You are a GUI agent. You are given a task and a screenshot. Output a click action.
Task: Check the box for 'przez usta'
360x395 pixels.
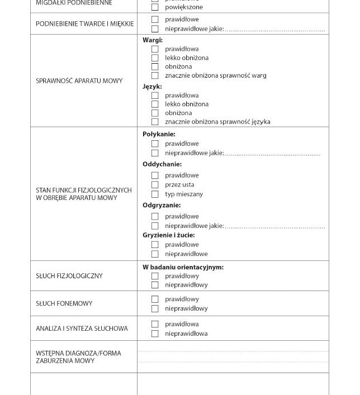pyautogui.click(x=155, y=185)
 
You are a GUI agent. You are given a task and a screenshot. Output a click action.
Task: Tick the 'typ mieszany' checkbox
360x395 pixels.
pyautogui.click(x=155, y=194)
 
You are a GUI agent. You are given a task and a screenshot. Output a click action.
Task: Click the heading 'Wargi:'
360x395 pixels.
pyautogui.click(x=153, y=40)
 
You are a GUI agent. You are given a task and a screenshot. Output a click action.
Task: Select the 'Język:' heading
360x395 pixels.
pyautogui.click(x=152, y=87)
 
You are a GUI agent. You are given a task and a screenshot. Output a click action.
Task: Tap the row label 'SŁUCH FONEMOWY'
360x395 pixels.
pyautogui.click(x=64, y=304)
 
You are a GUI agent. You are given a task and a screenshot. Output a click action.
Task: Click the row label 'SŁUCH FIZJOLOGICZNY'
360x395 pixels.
pyautogui.click(x=69, y=276)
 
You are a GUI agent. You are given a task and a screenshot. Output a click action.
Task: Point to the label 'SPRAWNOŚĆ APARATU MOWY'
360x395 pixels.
pyautogui.click(x=79, y=81)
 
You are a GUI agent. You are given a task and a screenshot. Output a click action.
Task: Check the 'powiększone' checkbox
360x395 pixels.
pyautogui.click(x=155, y=8)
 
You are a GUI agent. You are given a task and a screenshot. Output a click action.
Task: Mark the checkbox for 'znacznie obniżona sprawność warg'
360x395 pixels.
pyautogui.click(x=155, y=75)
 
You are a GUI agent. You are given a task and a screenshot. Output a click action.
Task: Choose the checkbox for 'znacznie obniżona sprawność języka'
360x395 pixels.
pyautogui.click(x=155, y=122)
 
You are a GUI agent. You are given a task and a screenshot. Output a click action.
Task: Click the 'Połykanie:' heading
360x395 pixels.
pyautogui.click(x=159, y=134)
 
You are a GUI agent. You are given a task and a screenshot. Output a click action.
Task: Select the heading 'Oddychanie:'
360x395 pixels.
pyautogui.click(x=162, y=164)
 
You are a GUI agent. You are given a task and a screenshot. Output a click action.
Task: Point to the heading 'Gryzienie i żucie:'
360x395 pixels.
pyautogui.click(x=169, y=235)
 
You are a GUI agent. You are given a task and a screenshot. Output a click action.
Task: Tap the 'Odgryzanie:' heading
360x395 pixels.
pyautogui.click(x=162, y=206)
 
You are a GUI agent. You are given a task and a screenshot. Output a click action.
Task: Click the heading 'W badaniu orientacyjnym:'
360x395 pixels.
pyautogui.click(x=183, y=267)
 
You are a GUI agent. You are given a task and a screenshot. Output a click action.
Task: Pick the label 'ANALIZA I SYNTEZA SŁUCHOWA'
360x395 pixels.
pyautogui.click(x=82, y=329)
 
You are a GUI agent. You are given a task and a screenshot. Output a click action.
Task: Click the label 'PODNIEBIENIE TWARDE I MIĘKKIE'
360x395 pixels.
pyautogui.click(x=85, y=24)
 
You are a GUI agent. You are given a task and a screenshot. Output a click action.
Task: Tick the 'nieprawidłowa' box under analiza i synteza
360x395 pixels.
pyautogui.click(x=155, y=334)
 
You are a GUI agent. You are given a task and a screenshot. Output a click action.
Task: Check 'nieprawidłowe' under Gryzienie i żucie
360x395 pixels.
pyautogui.click(x=155, y=254)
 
